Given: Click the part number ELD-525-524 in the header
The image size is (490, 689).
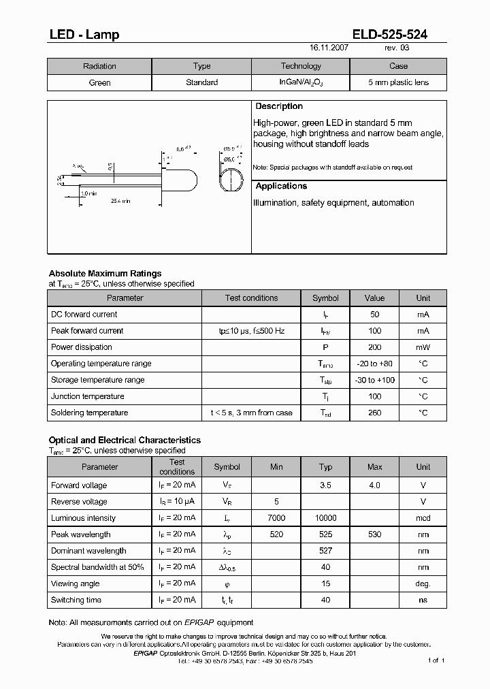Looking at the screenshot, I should tap(390, 35).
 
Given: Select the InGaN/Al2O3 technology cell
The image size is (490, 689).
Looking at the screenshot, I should tap(301, 82).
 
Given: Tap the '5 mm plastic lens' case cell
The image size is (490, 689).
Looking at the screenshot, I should tap(398, 82).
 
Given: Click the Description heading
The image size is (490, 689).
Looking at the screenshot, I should tap(279, 106).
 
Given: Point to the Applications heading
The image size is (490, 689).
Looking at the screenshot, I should tap(281, 186).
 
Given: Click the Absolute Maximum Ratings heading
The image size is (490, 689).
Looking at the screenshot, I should tap(105, 274).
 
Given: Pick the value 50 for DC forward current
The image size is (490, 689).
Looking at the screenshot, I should tap(374, 315).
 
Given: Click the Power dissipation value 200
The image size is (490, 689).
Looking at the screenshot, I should tap(374, 347).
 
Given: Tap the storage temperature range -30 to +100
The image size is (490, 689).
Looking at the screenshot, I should tap(374, 380).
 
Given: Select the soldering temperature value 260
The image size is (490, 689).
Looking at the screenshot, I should tap(374, 413).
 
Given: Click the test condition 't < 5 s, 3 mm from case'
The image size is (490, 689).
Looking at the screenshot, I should tap(251, 413).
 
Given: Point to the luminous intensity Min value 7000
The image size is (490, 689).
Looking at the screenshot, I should tap(276, 518).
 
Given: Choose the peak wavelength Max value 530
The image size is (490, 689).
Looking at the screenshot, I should tap(374, 534).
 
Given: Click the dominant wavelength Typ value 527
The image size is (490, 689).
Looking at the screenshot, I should tap(325, 551).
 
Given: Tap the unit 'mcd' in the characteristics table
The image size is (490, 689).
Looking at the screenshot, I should tap(423, 518).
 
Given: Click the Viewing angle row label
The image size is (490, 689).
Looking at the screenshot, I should tap(75, 583).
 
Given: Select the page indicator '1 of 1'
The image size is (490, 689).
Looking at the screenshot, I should tap(436, 660).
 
